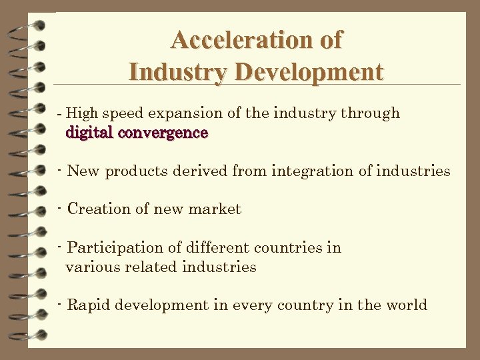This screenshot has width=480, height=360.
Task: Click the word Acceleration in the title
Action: [244, 40]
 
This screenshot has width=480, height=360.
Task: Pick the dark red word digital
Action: [89, 133]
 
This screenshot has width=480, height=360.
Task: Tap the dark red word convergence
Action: [163, 133]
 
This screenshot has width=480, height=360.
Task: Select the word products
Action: [137, 171]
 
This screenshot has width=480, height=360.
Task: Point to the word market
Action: [215, 209]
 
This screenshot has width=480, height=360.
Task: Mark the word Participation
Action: [115, 248]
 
